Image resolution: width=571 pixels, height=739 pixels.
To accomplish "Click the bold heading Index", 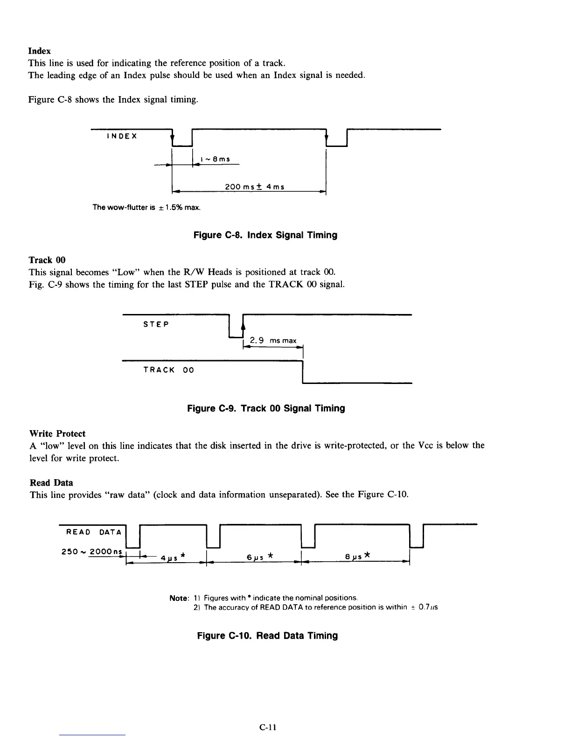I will [40, 51].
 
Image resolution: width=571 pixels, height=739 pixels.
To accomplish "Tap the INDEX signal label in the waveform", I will [122, 136].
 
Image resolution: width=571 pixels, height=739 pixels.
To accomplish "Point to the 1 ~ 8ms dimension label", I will [215, 159].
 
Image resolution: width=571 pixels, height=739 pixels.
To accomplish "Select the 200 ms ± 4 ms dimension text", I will [254, 187].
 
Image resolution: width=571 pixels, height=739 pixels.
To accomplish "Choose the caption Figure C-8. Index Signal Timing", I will [265, 235].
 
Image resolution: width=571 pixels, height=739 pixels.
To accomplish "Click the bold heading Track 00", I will [47, 260].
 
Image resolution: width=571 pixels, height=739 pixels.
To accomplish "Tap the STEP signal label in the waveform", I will [156, 324].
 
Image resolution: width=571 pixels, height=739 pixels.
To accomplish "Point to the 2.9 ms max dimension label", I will [273, 341].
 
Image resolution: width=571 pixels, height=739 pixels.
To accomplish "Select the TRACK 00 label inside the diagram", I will [168, 370].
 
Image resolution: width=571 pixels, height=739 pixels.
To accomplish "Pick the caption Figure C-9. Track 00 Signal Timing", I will [266, 409].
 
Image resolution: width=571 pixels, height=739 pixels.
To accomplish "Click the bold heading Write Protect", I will [57, 434].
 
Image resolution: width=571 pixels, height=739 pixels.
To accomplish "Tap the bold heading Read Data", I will [51, 483].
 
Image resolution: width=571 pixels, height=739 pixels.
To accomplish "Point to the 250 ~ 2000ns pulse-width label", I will [91, 551].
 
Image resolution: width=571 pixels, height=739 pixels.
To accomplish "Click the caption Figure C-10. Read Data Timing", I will [267, 636].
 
